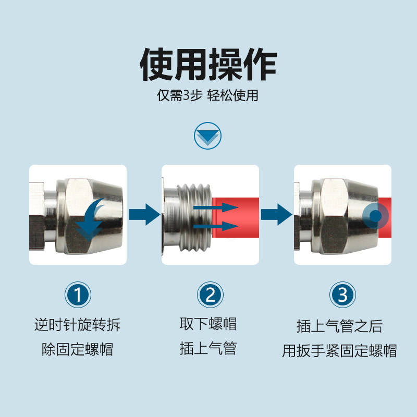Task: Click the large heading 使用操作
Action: [x=208, y=65]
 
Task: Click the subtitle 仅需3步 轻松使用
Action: [x=207, y=95]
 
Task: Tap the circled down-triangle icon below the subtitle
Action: [x=207, y=136]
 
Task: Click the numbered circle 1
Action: [x=78, y=295]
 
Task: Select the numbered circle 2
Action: [x=210, y=295]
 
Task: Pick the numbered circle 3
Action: [x=342, y=295]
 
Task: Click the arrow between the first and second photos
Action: [x=145, y=214]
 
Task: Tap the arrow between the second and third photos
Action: [x=277, y=214]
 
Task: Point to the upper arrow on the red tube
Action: [x=216, y=207]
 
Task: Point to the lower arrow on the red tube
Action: [x=216, y=226]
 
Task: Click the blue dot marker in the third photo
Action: [x=375, y=216]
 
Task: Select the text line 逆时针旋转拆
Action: [x=77, y=325]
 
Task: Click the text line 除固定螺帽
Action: [x=77, y=349]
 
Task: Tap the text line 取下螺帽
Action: [x=208, y=324]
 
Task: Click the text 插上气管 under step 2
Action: [x=208, y=348]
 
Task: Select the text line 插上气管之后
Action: [x=340, y=326]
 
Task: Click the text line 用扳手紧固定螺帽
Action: [x=340, y=350]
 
